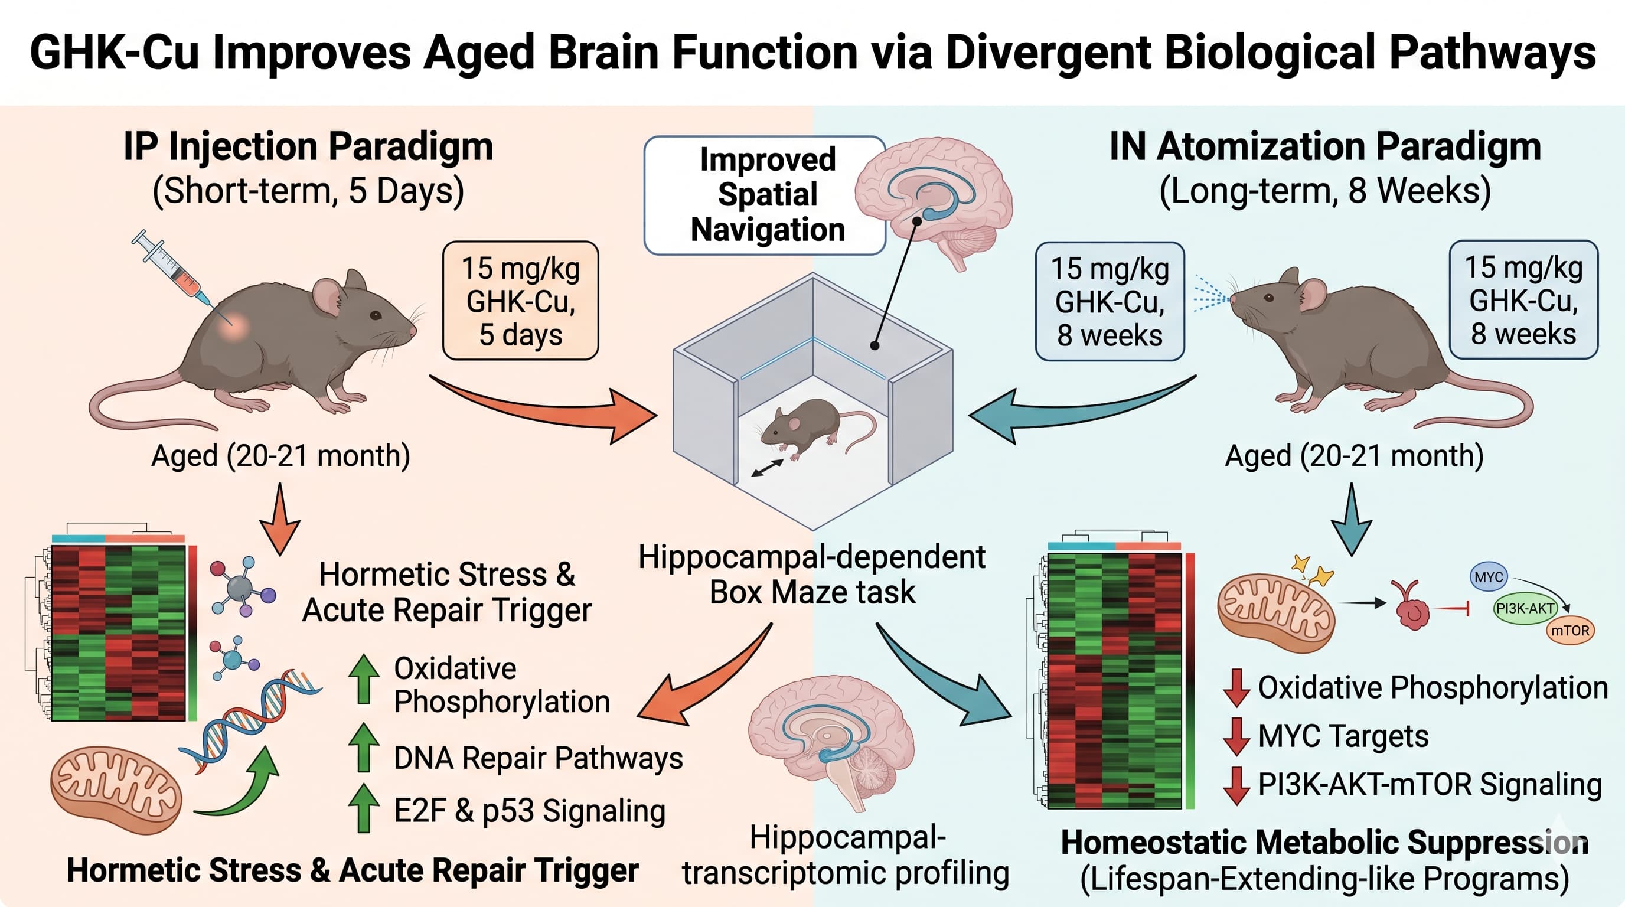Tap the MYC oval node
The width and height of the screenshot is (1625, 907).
1489,577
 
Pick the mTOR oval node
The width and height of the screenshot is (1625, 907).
1570,631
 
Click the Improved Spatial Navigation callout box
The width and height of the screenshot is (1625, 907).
765,195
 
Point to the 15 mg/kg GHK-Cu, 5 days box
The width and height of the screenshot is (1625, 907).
520,301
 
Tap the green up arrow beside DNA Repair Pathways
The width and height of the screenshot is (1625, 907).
363,748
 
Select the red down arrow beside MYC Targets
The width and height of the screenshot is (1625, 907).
1236,737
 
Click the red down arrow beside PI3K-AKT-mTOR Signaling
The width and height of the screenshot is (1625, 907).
1236,785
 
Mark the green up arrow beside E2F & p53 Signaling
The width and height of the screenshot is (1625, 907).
363,808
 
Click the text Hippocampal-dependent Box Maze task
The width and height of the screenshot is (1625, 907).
812,575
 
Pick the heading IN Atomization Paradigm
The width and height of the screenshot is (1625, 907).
1324,147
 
